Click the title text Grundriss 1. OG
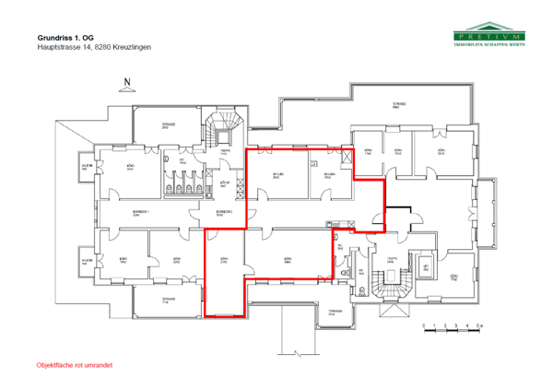[x=66, y=37]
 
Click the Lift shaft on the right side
[x=425, y=267]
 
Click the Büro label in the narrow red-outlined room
[x=223, y=261]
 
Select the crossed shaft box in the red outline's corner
[x=347, y=155]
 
